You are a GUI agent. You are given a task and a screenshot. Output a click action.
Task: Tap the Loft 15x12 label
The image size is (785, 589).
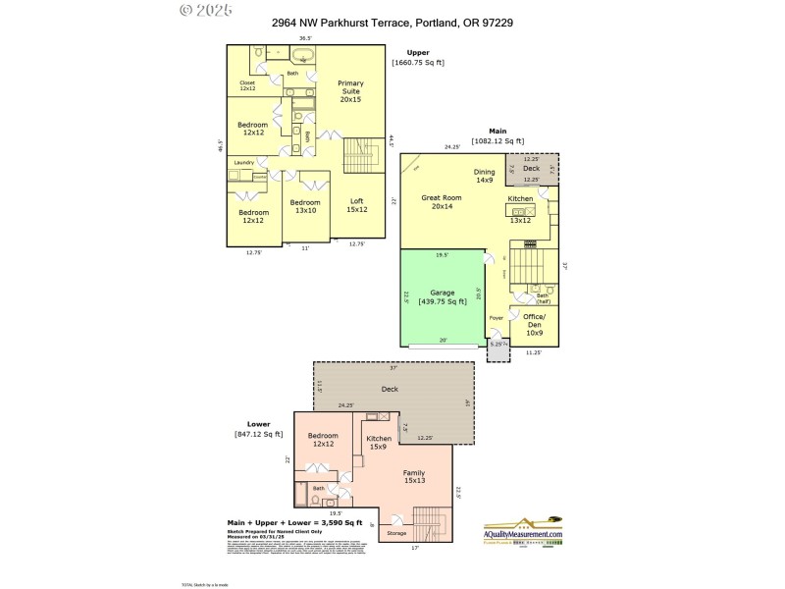(x=356, y=205)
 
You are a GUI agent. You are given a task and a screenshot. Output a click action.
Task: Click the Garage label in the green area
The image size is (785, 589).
(x=443, y=296)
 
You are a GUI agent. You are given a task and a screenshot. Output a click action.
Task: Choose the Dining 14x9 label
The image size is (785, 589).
(x=485, y=176)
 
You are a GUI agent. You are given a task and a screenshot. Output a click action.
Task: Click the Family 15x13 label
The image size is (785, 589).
(x=414, y=477)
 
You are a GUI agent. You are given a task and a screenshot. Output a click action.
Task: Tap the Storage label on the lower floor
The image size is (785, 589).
(x=396, y=533)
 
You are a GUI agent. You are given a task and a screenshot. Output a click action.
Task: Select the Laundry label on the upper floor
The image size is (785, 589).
(x=244, y=162)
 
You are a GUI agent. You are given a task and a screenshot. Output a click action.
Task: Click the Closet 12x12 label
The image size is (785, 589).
(x=247, y=85)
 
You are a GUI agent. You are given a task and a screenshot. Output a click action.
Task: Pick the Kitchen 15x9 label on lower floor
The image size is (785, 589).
(x=379, y=442)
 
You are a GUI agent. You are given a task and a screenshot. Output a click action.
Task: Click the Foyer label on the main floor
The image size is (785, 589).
(x=496, y=317)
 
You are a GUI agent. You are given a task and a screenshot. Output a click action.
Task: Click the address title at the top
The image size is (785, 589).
(x=392, y=22)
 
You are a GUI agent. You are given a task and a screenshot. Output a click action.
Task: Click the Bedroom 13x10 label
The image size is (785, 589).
(x=305, y=206)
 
